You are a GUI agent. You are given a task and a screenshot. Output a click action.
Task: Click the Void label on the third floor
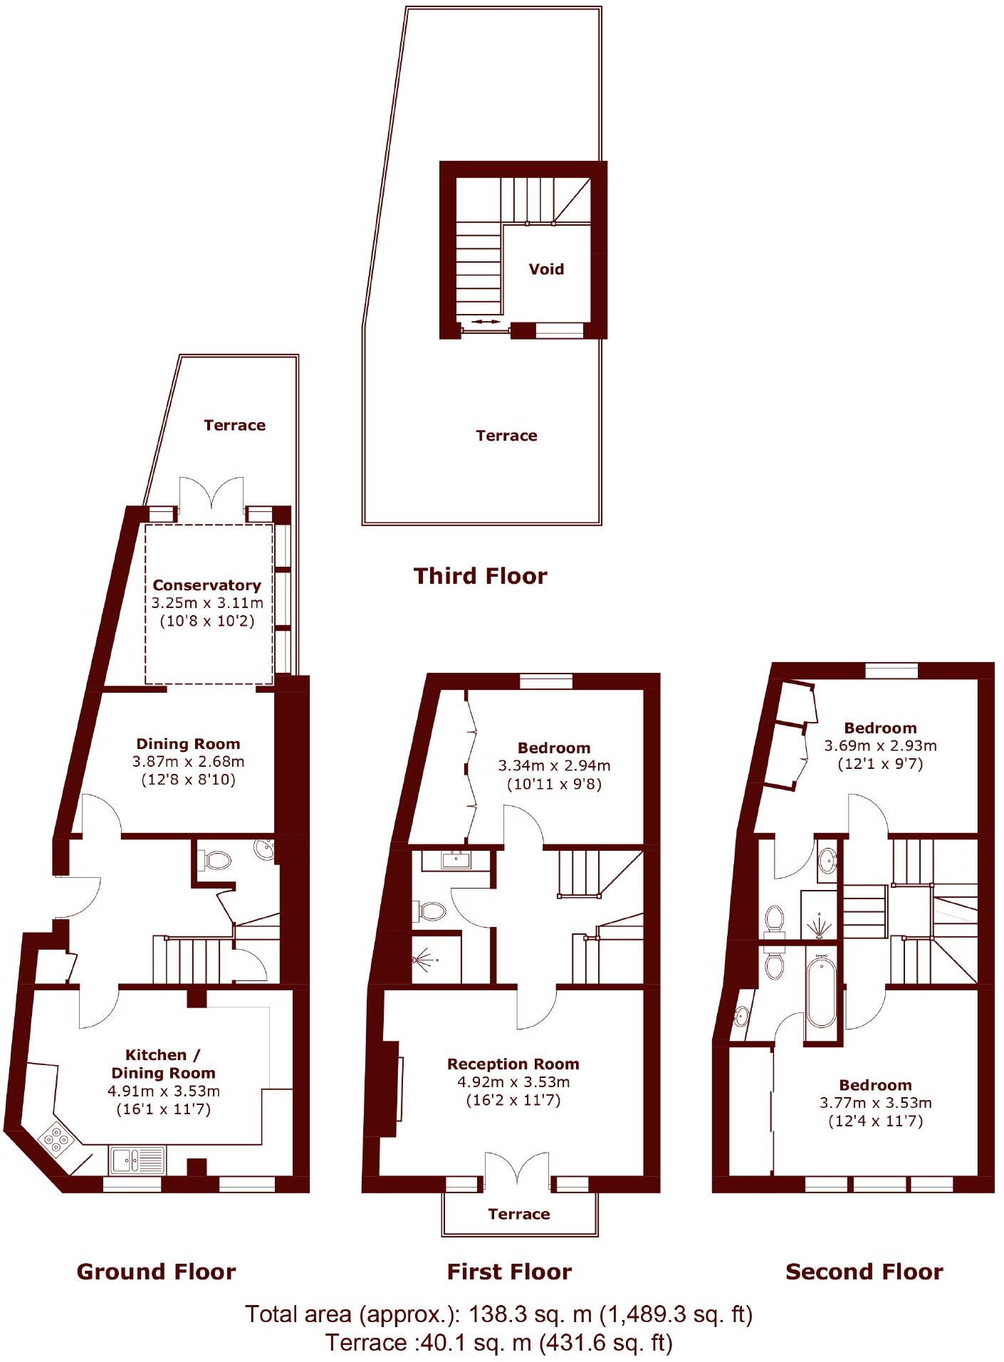[546, 269]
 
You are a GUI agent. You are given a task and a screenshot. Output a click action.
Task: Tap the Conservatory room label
[206, 585]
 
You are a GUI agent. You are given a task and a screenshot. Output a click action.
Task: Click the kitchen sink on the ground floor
[137, 1160]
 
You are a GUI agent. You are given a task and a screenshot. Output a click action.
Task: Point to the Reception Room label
[513, 1064]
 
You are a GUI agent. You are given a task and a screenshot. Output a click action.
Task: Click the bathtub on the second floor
[822, 992]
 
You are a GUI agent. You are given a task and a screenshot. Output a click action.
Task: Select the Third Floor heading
[480, 575]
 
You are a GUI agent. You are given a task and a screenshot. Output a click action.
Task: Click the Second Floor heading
[864, 1271]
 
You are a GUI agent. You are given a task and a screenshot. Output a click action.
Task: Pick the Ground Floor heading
[156, 1271]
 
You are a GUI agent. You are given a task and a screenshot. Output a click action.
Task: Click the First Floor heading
[509, 1271]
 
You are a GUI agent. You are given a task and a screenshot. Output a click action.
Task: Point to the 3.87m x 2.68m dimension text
[188, 761]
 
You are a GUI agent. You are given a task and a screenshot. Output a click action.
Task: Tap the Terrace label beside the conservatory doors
[234, 425]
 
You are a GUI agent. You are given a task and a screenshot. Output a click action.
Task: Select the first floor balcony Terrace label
[518, 1214]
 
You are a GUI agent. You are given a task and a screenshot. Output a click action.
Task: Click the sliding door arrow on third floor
[486, 323]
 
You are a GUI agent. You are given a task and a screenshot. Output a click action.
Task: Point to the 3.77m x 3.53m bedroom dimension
[875, 1103]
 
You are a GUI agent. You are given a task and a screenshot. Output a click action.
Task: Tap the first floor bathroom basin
[455, 860]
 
